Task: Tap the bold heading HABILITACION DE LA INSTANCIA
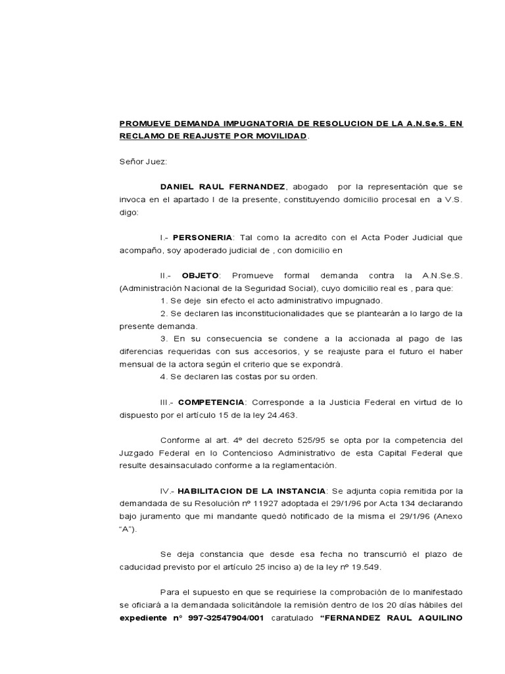pyautogui.click(x=252, y=491)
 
